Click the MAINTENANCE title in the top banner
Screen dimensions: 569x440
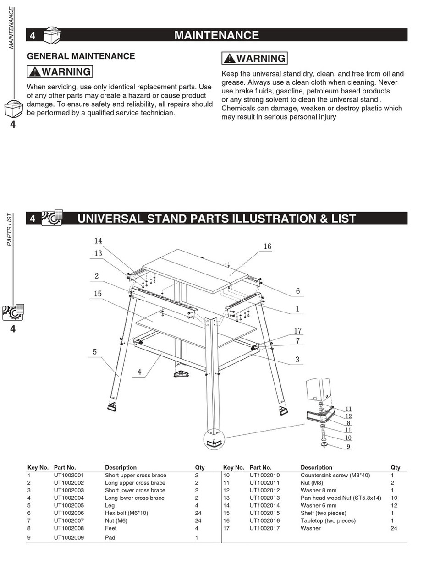point(216,35)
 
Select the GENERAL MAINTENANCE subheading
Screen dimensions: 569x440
point(81,56)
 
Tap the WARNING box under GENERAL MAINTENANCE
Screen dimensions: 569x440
point(60,72)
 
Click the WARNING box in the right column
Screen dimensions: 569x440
point(254,59)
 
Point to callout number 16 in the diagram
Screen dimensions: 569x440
point(267,246)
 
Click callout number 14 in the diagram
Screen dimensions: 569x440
point(98,241)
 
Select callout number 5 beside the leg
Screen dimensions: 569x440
point(95,352)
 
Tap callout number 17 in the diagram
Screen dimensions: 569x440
point(298,331)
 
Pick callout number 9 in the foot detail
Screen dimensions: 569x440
point(348,447)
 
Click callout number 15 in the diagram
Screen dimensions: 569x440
point(98,294)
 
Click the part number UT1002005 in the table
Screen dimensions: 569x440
point(69,505)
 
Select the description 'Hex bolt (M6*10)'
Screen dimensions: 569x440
point(126,513)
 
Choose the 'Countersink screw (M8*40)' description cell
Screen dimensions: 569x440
point(335,475)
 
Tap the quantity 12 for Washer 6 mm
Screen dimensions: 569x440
point(394,505)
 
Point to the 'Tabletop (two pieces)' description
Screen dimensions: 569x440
point(328,520)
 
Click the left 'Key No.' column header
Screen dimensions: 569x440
point(38,467)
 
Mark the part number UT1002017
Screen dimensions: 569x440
point(264,528)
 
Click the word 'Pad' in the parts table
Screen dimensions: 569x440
point(110,537)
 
